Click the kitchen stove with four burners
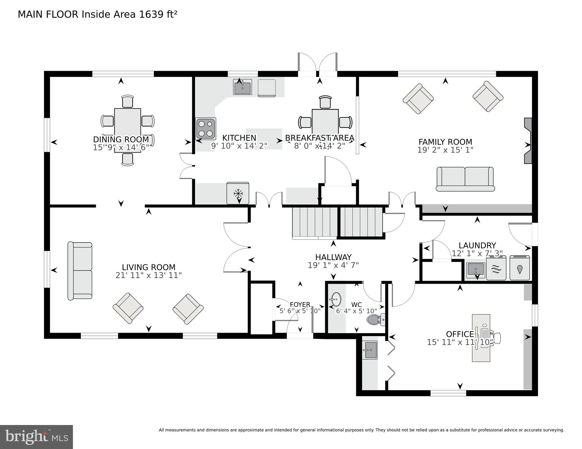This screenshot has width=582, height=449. pyautogui.click(x=206, y=129)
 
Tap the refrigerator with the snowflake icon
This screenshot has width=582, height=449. pyautogui.click(x=238, y=193)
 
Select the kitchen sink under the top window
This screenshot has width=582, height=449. pyautogui.click(x=242, y=87)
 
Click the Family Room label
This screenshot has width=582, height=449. pyautogui.click(x=445, y=142)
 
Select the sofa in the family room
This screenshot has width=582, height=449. pyautogui.click(x=465, y=179)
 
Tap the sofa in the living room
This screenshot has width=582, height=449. pyautogui.click(x=80, y=271)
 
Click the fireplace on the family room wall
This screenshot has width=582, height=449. pyautogui.click(x=528, y=141)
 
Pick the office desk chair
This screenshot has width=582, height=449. pyautogui.click(x=495, y=338)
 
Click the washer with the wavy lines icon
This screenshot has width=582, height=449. pyautogui.click(x=496, y=268)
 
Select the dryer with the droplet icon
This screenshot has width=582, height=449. pyautogui.click(x=519, y=268)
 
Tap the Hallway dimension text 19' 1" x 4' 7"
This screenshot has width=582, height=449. pyautogui.click(x=333, y=265)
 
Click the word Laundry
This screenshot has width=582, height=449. pyautogui.click(x=477, y=245)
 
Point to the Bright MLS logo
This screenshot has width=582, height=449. pyautogui.click(x=36, y=437)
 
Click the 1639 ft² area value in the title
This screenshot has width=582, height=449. pyautogui.click(x=158, y=14)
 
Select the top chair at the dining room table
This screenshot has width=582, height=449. pyautogui.click(x=127, y=102)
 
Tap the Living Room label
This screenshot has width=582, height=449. pyautogui.click(x=149, y=267)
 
